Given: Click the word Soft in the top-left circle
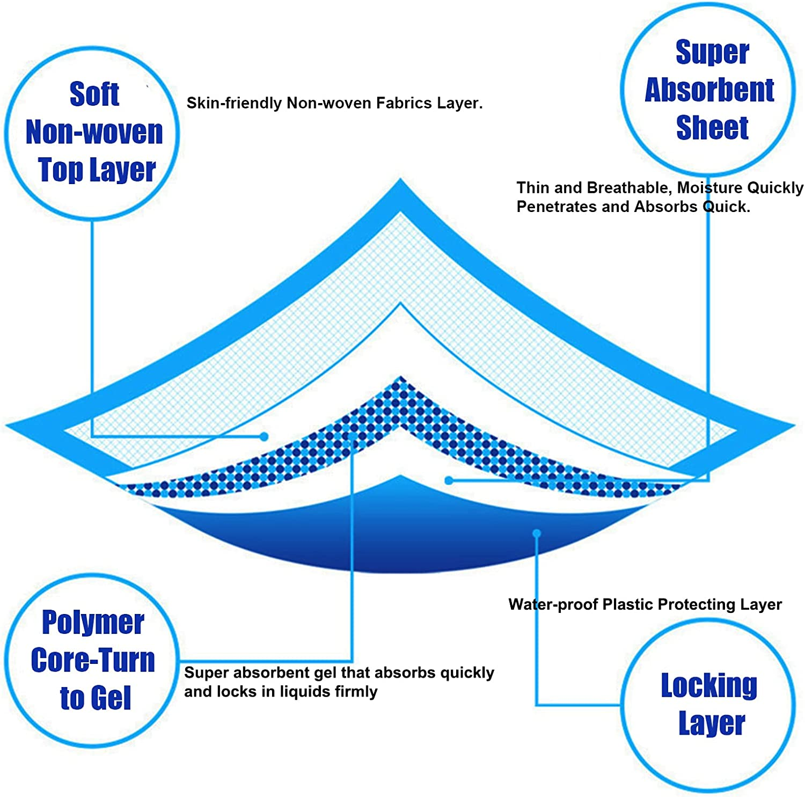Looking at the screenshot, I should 94,94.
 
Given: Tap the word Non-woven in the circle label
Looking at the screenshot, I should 94,132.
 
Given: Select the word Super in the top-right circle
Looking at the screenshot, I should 712,53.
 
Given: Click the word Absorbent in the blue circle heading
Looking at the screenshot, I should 709,90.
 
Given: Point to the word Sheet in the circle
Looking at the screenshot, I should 712,128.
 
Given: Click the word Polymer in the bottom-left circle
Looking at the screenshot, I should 93,623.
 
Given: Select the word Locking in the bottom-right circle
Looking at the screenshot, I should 709,685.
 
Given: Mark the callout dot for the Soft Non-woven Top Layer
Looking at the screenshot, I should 264,437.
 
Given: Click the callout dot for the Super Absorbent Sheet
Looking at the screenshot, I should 449,480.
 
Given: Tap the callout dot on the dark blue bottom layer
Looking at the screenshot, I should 536,533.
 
